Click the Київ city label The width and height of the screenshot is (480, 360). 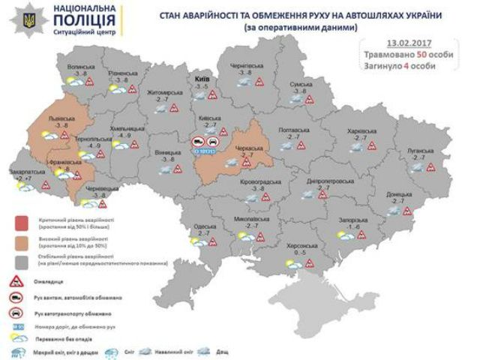pyautogui.click(x=202, y=78)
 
